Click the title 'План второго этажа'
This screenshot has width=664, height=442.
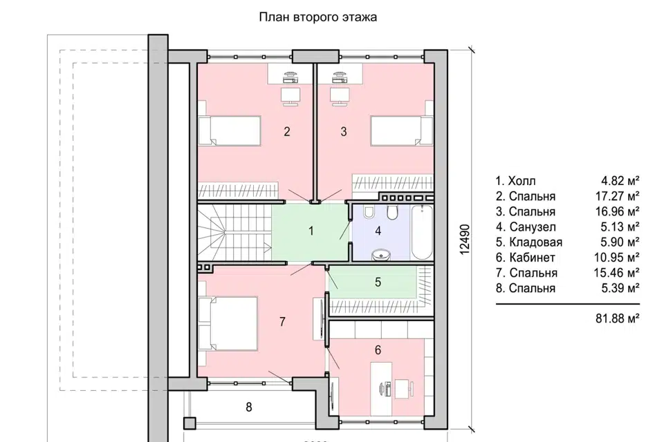click(317, 17)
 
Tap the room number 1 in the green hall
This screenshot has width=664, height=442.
click(311, 231)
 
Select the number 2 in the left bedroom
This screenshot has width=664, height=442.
click(286, 131)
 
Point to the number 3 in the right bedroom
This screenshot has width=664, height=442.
click(344, 131)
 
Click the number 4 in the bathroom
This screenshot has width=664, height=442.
click(378, 231)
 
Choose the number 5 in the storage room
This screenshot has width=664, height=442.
click(378, 282)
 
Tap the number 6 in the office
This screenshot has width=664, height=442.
click(378, 349)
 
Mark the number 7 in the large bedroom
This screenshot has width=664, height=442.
click(282, 322)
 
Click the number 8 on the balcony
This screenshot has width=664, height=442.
click(248, 407)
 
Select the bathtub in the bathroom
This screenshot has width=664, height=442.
click(422, 232)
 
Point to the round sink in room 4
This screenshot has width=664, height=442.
click(381, 254)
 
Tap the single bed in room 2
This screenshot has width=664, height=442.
click(229, 131)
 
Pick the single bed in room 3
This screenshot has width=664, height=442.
click(402, 131)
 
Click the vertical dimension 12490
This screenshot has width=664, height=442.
click(465, 240)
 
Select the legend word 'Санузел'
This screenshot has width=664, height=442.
click(533, 227)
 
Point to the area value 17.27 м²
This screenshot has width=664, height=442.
click(616, 196)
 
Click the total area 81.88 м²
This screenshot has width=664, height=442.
click(618, 318)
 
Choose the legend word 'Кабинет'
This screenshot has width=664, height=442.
click(532, 258)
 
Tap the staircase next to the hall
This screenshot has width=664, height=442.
click(234, 233)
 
